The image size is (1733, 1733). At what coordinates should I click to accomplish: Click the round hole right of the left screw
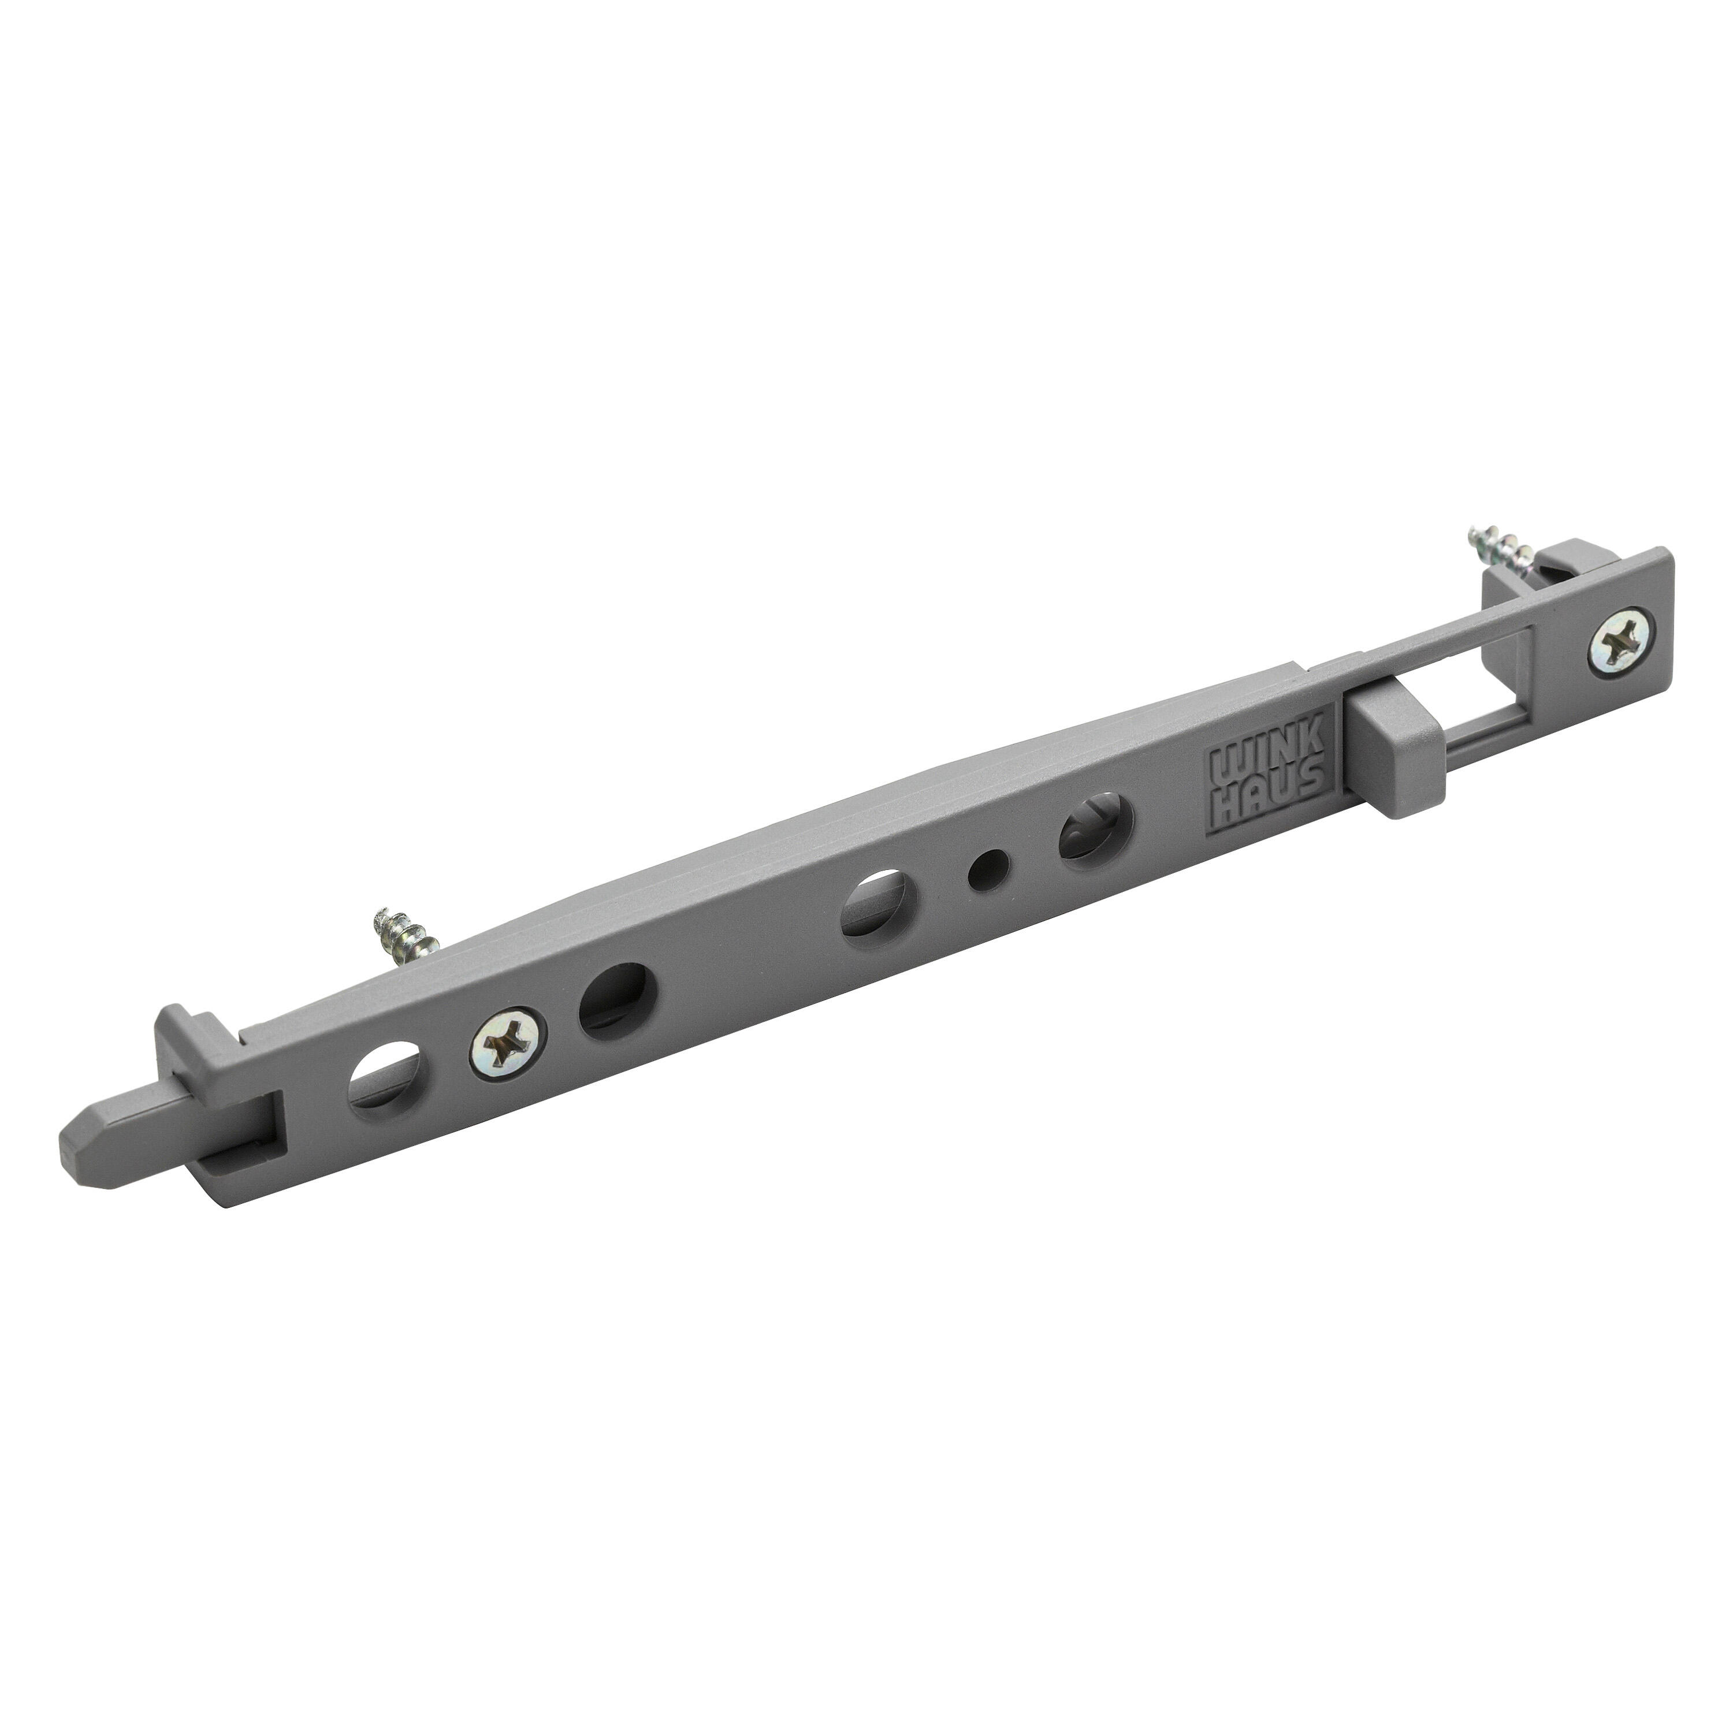pos(619,1002)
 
